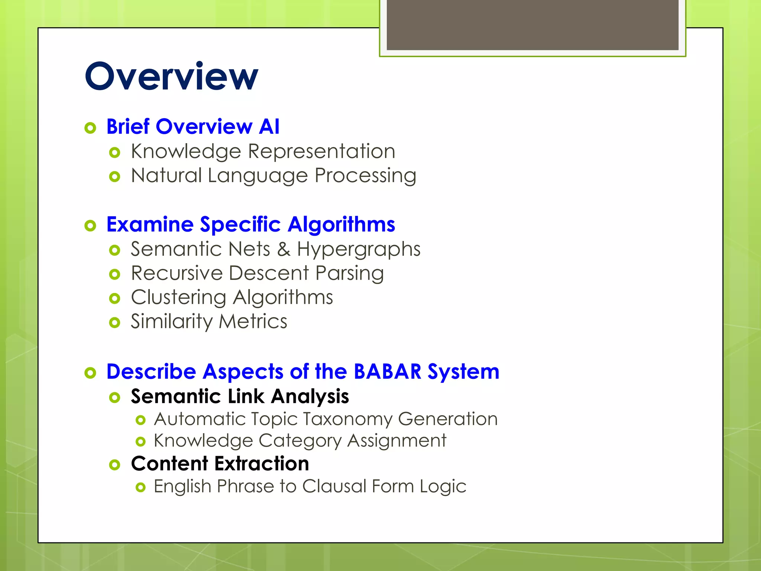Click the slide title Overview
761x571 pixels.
(x=171, y=77)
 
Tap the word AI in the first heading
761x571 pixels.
(x=269, y=127)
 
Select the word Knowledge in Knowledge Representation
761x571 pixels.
(x=186, y=152)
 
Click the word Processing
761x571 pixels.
(x=365, y=176)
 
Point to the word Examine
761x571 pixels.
(x=150, y=225)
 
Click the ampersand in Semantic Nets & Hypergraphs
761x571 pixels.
(x=283, y=249)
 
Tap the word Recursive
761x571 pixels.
(x=177, y=273)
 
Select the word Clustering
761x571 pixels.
(x=178, y=298)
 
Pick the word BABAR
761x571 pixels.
(x=387, y=372)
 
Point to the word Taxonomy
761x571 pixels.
(x=347, y=419)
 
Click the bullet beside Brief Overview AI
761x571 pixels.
(x=90, y=128)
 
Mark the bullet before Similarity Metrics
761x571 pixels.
(x=115, y=322)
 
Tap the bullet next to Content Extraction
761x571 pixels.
(x=115, y=465)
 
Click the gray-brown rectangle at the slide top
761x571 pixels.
(x=532, y=25)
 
